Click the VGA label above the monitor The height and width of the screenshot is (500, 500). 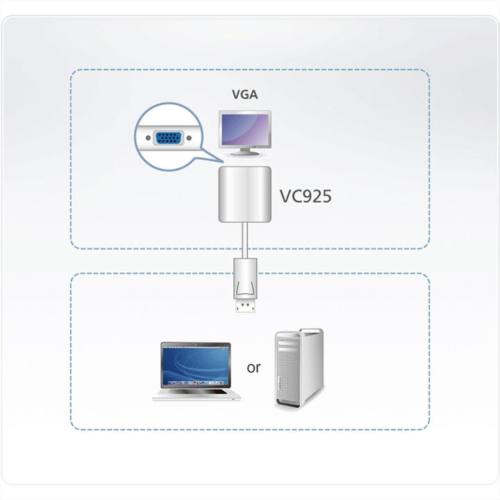tap(244, 95)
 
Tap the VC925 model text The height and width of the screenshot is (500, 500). tap(305, 197)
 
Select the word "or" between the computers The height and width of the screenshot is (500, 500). tap(253, 367)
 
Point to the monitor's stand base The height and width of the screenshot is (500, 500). tap(244, 158)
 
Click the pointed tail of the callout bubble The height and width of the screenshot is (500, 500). tap(208, 158)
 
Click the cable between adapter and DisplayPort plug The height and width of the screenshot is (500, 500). tap(244, 240)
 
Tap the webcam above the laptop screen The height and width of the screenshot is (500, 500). tap(195, 344)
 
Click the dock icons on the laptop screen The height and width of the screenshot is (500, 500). tap(195, 382)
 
